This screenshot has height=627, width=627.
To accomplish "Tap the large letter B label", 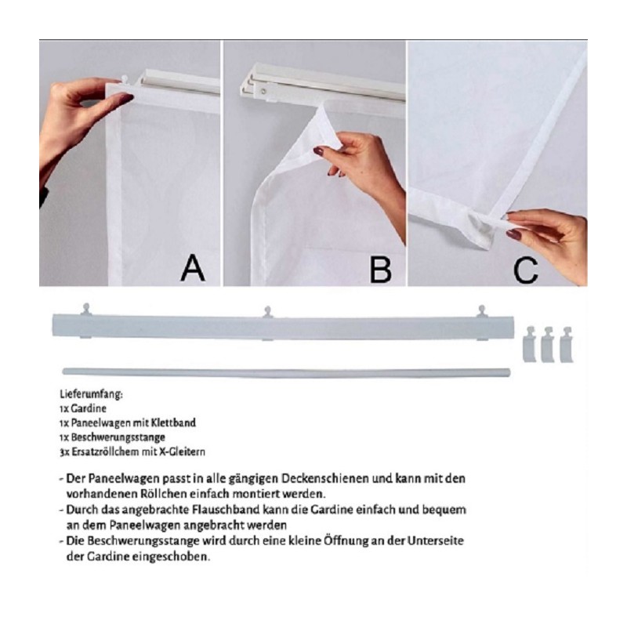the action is [380, 269].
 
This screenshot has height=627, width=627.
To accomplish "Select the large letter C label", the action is [525, 270].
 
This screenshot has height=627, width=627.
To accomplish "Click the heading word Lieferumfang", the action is [91, 395].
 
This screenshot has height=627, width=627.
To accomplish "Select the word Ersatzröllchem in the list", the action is [105, 452].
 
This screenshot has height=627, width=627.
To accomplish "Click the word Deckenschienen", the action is [325, 479].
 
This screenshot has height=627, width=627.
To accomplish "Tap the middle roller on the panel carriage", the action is [267, 311].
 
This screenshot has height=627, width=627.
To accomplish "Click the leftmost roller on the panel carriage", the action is [86, 309].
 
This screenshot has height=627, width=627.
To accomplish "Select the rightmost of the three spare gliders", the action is [567, 345].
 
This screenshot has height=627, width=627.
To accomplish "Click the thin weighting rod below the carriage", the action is [286, 373].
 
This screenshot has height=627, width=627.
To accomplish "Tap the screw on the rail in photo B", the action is [263, 91].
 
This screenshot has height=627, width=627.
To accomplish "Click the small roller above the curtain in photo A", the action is [125, 79].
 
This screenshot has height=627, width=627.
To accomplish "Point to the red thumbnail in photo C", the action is [515, 234].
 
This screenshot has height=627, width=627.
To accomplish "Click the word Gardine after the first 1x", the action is [89, 408].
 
